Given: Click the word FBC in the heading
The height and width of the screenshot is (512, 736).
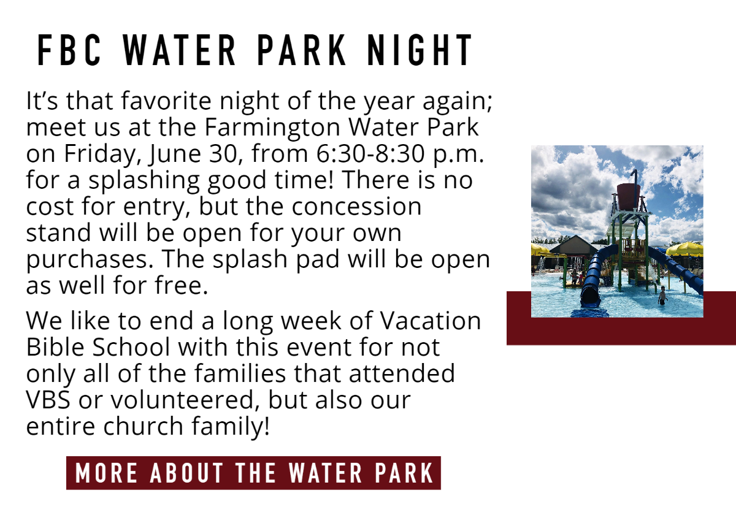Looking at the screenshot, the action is pyautogui.click(x=69, y=50).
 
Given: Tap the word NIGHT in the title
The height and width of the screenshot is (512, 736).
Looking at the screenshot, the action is pyautogui.click(x=420, y=50).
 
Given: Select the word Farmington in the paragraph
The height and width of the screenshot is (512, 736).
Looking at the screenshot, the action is pyautogui.click(x=272, y=128).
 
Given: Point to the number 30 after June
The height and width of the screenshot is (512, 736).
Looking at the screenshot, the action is pyautogui.click(x=223, y=154).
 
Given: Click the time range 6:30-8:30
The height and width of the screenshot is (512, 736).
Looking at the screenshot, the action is pyautogui.click(x=370, y=154).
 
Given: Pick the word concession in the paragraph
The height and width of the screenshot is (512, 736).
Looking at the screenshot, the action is pyautogui.click(x=356, y=207).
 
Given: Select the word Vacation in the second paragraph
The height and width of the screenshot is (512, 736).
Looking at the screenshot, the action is pyautogui.click(x=431, y=321).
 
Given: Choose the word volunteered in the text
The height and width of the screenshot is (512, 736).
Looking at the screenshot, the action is pyautogui.click(x=183, y=400).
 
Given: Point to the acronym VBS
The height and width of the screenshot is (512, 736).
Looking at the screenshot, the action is pyautogui.click(x=48, y=400).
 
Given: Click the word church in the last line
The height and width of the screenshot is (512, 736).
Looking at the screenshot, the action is pyautogui.click(x=144, y=426).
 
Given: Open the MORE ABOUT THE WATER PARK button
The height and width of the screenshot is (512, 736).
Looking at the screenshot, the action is pyautogui.click(x=253, y=473).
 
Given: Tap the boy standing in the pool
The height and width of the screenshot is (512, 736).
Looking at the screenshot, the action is pyautogui.click(x=663, y=296).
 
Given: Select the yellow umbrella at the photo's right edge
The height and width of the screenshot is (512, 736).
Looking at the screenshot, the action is pyautogui.click(x=685, y=249).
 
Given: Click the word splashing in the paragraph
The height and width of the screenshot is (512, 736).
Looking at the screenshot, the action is pyautogui.click(x=144, y=181).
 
